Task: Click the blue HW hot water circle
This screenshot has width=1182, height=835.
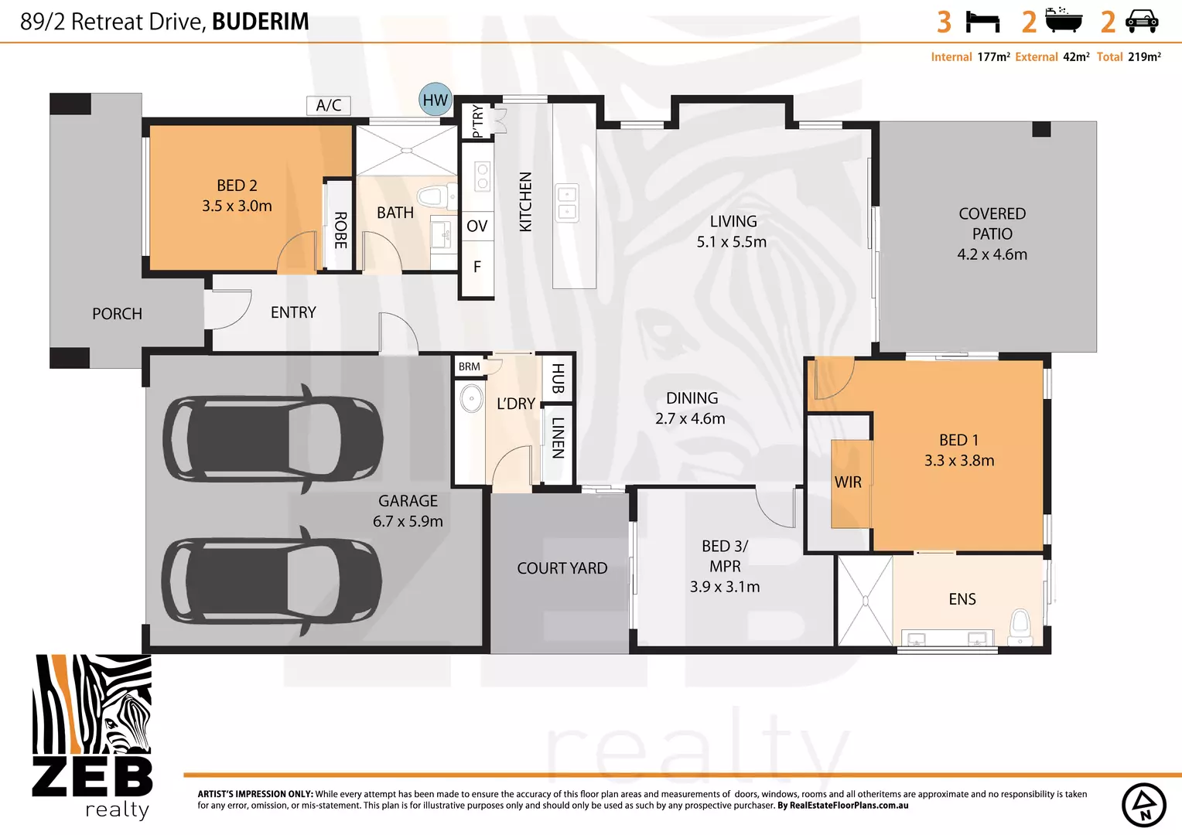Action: pos(436,100)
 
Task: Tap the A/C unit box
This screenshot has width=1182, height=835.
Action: pos(329,105)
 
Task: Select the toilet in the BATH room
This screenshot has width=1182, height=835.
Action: pos(430,196)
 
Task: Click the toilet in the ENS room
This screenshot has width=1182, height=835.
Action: pos(1020,625)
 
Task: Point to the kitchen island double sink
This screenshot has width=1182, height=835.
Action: pos(567,203)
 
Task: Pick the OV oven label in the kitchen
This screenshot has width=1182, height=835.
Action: pos(477,226)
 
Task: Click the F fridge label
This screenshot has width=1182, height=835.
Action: pos(477,267)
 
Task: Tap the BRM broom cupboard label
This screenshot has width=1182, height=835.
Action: pos(469,366)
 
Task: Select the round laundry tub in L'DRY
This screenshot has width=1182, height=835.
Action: pos(471,399)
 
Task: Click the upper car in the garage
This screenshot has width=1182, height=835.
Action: pos(272,439)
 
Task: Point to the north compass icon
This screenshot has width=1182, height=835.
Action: pos(1143,805)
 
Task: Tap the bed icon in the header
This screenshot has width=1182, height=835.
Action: pos(982,22)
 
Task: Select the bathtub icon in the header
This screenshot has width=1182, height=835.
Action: pos(1064,21)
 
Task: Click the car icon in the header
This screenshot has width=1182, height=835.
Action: pos(1142,22)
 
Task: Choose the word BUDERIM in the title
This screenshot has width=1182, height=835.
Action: pos(260,22)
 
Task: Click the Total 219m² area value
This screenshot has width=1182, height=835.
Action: pos(1143,57)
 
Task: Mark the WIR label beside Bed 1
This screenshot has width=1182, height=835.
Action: pos(848,482)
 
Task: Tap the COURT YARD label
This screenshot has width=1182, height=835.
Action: pos(562,568)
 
